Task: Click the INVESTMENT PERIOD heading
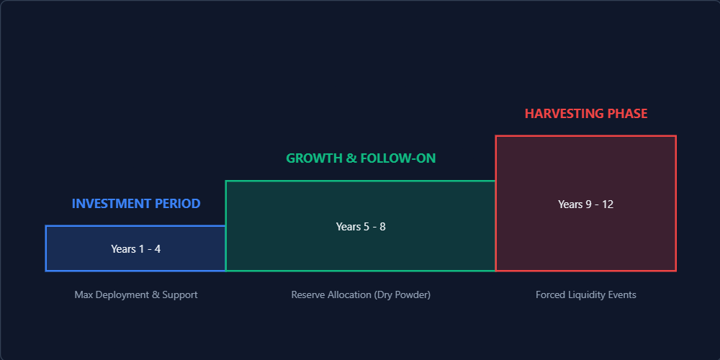pyautogui.click(x=136, y=204)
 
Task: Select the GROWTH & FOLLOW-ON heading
pyautogui.click(x=361, y=158)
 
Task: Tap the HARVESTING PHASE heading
pyautogui.click(x=586, y=114)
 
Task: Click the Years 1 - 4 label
pyautogui.click(x=136, y=249)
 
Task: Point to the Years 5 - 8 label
pyautogui.click(x=361, y=226)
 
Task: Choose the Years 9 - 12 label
pyautogui.click(x=586, y=204)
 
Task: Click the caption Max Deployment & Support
pyautogui.click(x=136, y=294)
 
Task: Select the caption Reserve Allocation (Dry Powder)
pyautogui.click(x=361, y=294)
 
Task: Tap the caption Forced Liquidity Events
pyautogui.click(x=586, y=294)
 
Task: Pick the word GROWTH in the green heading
pyautogui.click(x=315, y=158)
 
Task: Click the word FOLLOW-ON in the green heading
pyautogui.click(x=398, y=158)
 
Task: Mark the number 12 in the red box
pyautogui.click(x=608, y=204)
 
